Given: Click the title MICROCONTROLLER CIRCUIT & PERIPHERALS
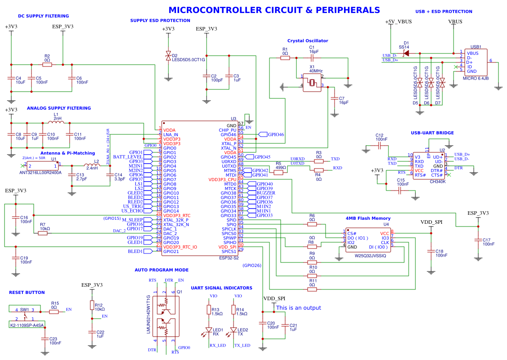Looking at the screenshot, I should (x=274, y=10).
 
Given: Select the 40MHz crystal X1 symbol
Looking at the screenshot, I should (x=312, y=84).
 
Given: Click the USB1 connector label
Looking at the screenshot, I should (x=476, y=47).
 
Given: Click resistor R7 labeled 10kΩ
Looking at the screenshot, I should (x=43, y=233).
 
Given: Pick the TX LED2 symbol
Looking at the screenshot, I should (x=234, y=330).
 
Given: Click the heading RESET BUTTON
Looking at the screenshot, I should (x=27, y=293).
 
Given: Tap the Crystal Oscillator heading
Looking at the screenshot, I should (x=308, y=41).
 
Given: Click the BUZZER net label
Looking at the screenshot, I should (x=266, y=193).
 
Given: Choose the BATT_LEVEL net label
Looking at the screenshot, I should (x=128, y=157).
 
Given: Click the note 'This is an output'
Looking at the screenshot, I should (x=298, y=308).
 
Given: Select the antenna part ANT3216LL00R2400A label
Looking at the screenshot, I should (x=40, y=173).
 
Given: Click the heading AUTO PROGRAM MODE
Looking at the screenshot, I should (x=162, y=270).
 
